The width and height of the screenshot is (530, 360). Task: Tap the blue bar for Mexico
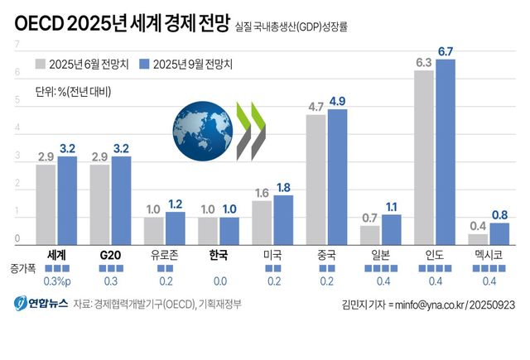[x=499, y=234]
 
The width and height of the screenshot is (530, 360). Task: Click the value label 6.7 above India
[x=446, y=52]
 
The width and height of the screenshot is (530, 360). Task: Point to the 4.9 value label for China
[x=338, y=101]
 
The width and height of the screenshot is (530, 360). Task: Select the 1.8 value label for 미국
[x=283, y=187]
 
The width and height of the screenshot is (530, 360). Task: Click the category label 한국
[x=219, y=255]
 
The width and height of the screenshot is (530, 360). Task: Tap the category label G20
[x=111, y=255]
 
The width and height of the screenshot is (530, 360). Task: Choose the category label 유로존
[x=165, y=255]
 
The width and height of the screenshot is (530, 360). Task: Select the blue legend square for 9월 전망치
[x=146, y=64]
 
